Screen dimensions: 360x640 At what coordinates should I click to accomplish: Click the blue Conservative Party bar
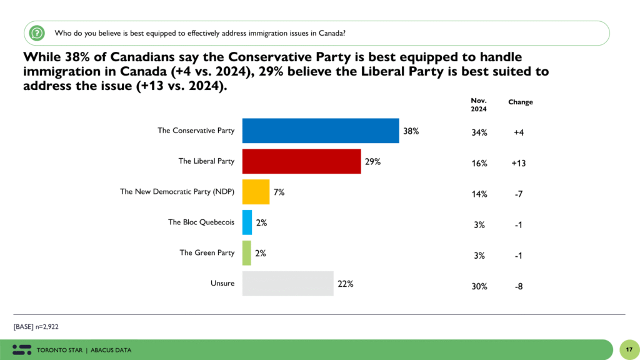coord(321,131)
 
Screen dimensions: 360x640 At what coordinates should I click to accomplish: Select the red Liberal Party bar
coord(301,161)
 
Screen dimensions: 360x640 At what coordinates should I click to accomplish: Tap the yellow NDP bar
coord(256,192)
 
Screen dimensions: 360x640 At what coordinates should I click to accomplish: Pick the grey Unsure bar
coord(287,283)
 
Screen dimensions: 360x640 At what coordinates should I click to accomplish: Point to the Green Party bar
coord(246,252)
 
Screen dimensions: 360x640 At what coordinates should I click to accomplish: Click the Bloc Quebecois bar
coord(247,222)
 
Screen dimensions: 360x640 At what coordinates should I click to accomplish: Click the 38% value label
coord(411,131)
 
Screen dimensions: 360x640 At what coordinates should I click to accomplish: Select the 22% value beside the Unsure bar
coord(346,284)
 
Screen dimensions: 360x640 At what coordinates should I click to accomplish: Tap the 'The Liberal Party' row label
coord(206,161)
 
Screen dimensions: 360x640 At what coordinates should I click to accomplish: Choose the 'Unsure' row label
coord(222,284)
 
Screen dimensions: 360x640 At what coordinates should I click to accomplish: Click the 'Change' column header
coord(520,102)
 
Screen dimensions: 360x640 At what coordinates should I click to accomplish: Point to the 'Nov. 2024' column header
coord(479,105)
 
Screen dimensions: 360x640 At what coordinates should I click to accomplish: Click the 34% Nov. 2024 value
coord(479,132)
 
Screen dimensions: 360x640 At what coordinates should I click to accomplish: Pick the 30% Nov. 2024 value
coord(479,286)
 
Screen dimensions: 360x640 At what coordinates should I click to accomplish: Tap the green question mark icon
coord(37,32)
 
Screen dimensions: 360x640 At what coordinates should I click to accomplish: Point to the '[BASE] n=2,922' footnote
coord(36,326)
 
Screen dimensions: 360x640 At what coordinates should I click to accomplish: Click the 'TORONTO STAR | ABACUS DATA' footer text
coord(84,349)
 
